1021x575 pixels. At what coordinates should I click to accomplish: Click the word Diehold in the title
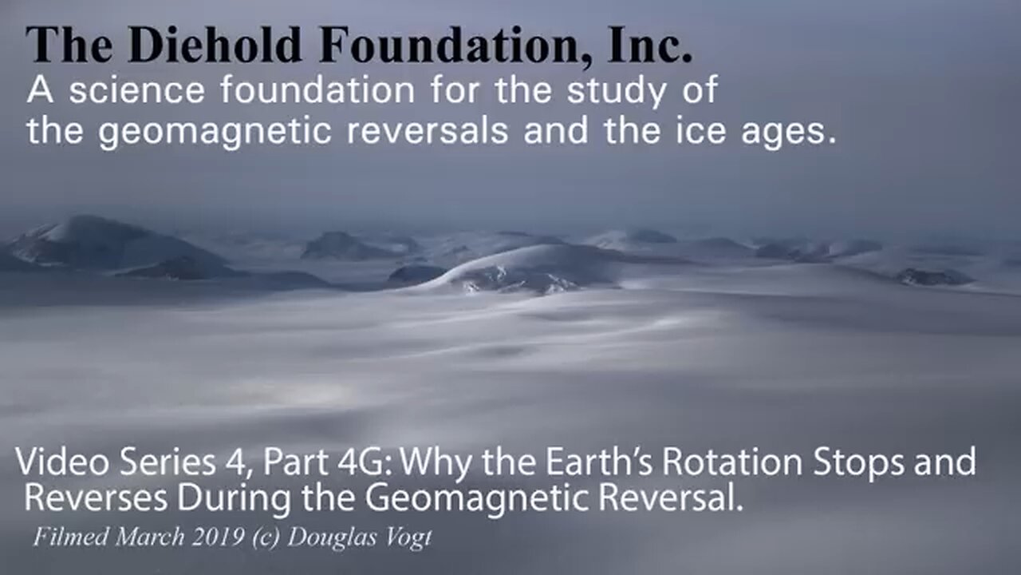click(x=215, y=46)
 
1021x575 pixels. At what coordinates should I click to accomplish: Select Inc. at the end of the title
click(x=649, y=45)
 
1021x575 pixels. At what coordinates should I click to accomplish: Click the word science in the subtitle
click(x=137, y=91)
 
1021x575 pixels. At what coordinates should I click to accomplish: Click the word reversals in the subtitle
click(x=427, y=130)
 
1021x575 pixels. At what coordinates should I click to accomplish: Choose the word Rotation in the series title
click(x=732, y=462)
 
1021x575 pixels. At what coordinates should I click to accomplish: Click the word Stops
click(x=858, y=464)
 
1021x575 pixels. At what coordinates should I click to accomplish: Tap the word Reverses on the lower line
click(x=96, y=498)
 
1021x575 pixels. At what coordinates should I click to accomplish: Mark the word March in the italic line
click(x=150, y=537)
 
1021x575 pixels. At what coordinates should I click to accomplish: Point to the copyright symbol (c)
click(x=266, y=538)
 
